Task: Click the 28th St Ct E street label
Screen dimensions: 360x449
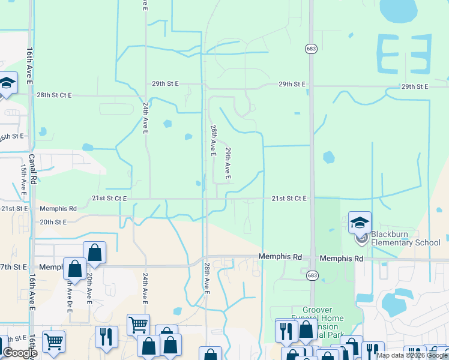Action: click(53, 95)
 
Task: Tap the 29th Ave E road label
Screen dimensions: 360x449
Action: click(228, 163)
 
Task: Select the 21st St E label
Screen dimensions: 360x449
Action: click(14, 208)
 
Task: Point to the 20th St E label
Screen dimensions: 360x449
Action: click(53, 221)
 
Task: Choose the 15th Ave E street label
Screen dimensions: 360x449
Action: click(23, 177)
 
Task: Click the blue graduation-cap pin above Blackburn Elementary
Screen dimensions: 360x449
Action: click(360, 223)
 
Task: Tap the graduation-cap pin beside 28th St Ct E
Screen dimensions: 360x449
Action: click(7, 83)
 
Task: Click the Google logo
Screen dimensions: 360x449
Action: click(20, 353)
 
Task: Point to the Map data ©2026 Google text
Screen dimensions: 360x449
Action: click(412, 355)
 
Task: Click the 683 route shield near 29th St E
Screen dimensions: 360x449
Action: click(310, 49)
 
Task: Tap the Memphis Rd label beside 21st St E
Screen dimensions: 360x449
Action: click(58, 209)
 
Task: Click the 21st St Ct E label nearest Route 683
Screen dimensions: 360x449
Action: click(289, 198)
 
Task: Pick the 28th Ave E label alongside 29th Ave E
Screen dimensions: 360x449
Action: click(213, 140)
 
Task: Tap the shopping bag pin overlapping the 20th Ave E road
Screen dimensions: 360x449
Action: click(95, 253)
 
